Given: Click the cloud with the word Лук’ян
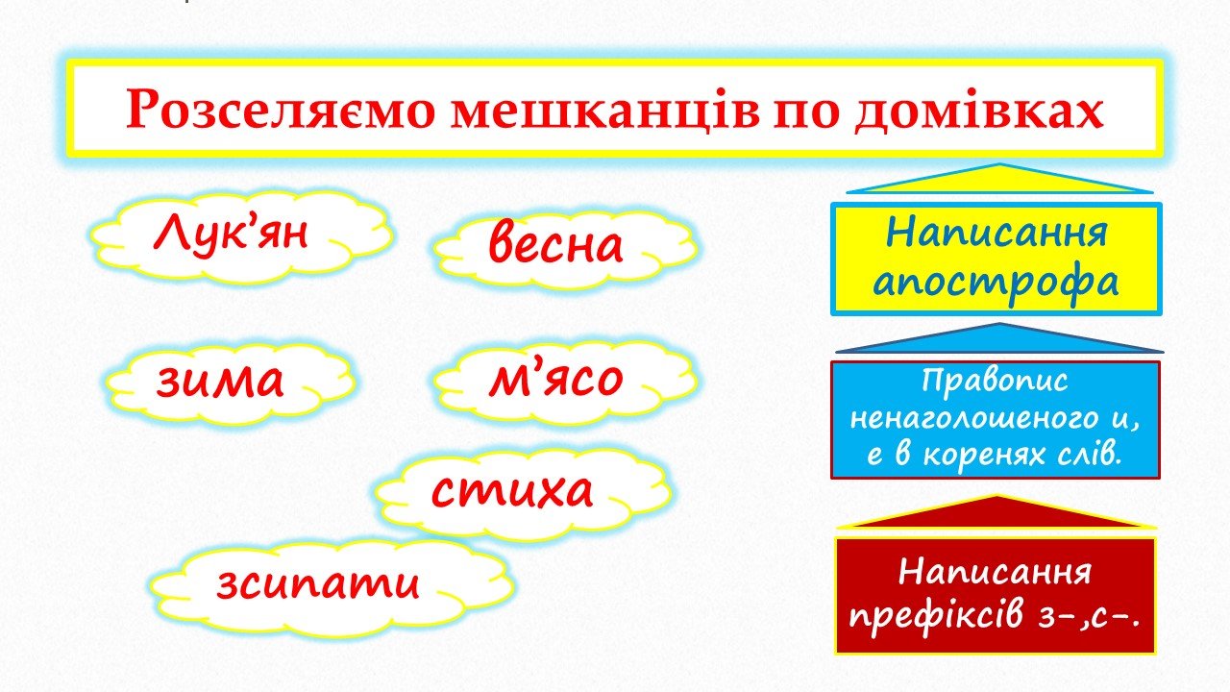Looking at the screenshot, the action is (241, 237).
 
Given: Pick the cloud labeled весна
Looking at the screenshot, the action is (566, 248).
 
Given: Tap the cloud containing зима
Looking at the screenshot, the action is (230, 383).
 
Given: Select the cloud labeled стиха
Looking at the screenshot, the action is (524, 493).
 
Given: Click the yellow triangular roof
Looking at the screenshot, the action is (999, 180).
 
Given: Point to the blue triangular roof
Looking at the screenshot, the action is (999, 340).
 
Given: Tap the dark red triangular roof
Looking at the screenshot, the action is (996, 514).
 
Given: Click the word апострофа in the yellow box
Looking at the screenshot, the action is (996, 283).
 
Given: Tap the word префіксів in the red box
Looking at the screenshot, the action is (936, 616).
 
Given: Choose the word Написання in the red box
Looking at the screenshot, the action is (996, 573).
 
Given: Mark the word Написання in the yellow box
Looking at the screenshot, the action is (996, 233).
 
